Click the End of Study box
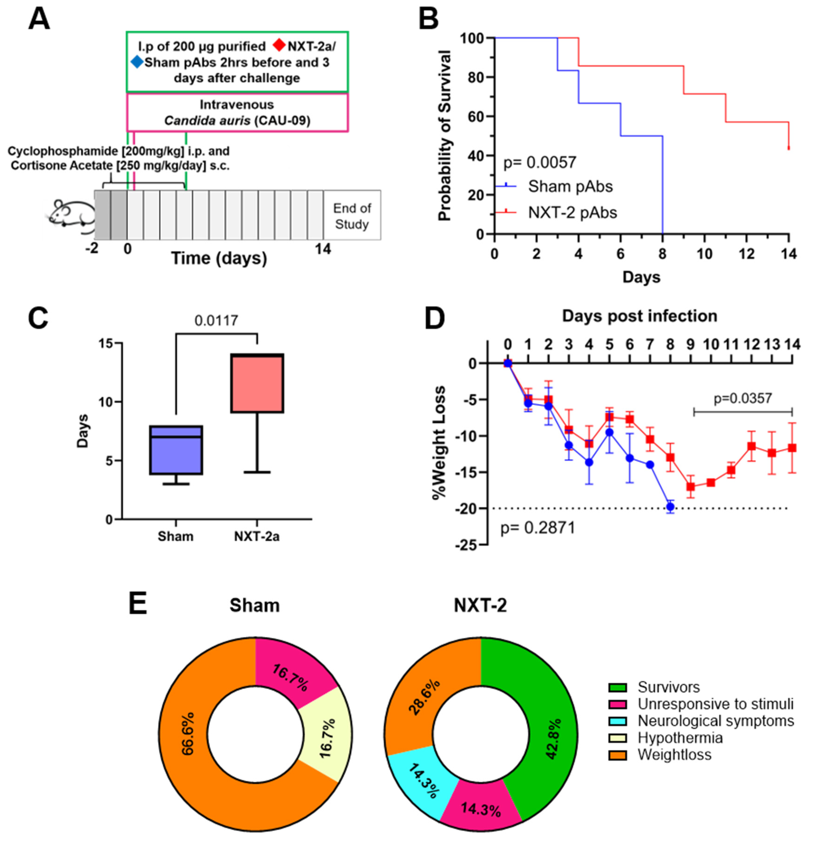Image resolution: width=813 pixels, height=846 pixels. pos(352,216)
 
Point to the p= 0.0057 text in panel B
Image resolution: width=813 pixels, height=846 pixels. pos(540,162)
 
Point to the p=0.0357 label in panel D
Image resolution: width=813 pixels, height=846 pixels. pos(743,398)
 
